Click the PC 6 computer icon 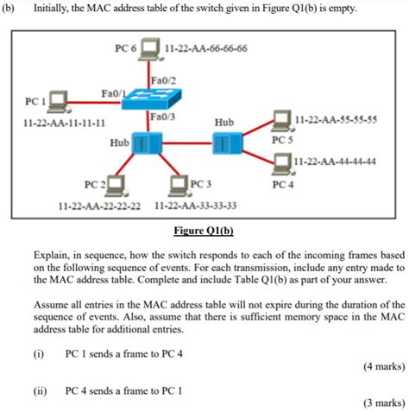[151, 47]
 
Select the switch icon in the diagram [148, 100]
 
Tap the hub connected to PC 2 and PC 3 [142, 143]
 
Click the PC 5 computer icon [282, 120]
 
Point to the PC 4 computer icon [282, 162]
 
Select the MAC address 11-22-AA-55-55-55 [336, 120]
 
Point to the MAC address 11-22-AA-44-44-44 [336, 162]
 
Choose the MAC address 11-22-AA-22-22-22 [98, 206]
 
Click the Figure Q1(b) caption [204, 231]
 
